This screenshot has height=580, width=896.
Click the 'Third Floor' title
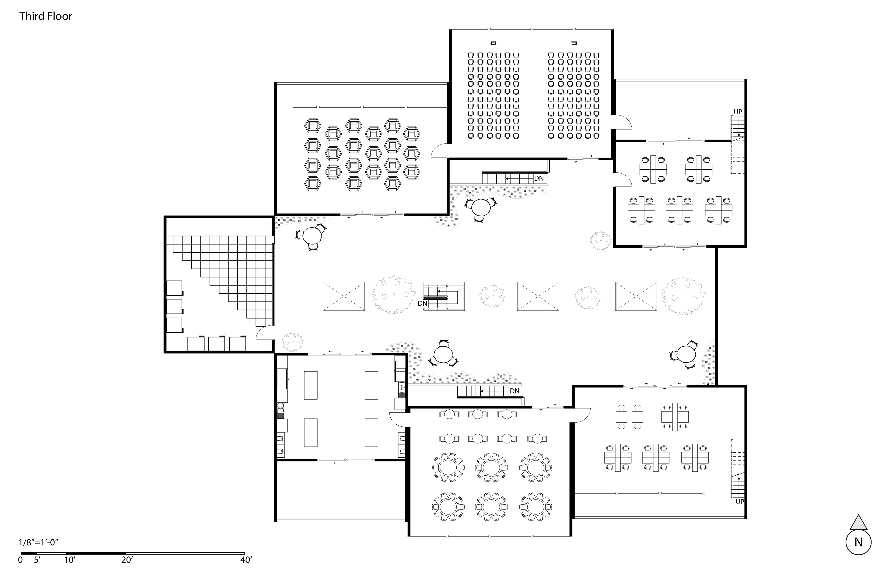point(45,16)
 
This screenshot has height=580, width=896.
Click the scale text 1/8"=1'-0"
point(38,543)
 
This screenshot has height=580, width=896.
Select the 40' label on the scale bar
point(246,560)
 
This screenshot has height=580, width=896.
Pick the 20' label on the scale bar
point(127,560)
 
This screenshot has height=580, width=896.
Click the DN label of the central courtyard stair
point(422,303)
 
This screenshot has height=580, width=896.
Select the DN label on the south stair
point(514,391)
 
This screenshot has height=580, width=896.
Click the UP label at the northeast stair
point(738,112)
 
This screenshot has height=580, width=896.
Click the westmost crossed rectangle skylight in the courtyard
point(344,296)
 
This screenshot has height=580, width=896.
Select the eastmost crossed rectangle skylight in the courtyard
point(636,296)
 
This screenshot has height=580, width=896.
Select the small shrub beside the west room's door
point(293,342)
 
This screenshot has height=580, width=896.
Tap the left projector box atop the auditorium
point(493,43)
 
